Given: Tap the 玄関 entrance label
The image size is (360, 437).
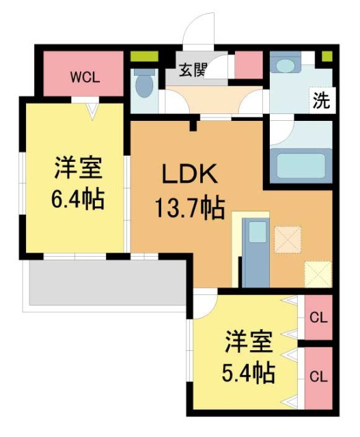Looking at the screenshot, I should point(193,70).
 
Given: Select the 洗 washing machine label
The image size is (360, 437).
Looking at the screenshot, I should point(321,100).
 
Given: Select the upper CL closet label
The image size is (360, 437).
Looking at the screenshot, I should point(318,318).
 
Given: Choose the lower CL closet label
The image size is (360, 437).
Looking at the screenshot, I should point(318,376).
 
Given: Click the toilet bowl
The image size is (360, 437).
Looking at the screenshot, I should point(144,86).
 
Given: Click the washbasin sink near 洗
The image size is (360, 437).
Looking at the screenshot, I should point(282,66).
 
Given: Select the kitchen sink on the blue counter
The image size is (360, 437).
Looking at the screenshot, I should point(257,232).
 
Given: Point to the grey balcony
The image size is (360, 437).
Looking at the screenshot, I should point(106,283).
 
